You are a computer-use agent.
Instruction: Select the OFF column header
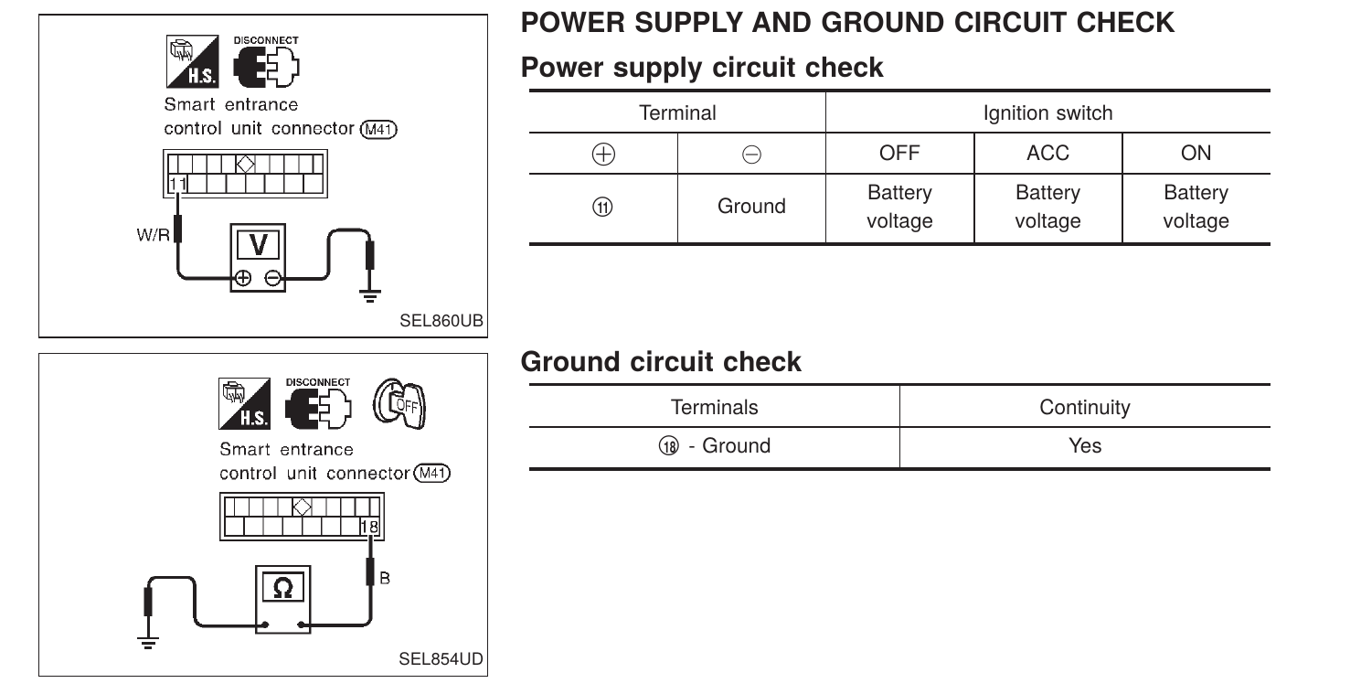point(899,153)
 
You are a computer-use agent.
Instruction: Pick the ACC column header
point(1047,153)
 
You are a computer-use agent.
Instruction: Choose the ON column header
point(1196,153)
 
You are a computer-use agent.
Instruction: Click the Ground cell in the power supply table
point(751,207)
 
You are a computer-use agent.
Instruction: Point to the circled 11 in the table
point(603,207)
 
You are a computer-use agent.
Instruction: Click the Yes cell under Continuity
point(1084,446)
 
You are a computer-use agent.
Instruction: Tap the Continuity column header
point(1084,407)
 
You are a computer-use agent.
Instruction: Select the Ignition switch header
point(1047,113)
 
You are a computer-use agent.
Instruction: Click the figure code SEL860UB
point(441,321)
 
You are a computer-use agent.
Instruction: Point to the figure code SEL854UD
point(441,659)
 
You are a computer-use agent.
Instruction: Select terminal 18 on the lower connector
point(368,527)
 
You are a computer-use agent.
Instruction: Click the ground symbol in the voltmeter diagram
point(370,291)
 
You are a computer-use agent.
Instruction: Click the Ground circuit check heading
point(661,362)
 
